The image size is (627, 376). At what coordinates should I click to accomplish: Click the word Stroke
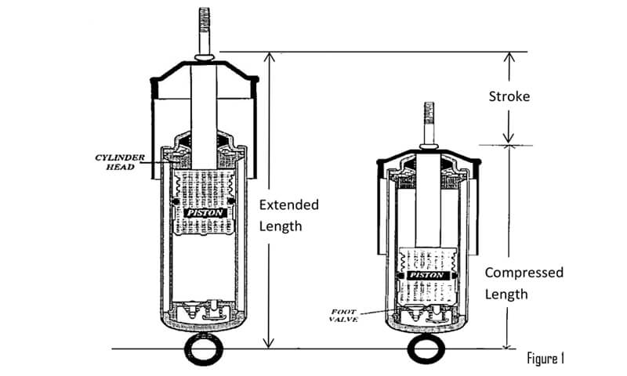(509, 96)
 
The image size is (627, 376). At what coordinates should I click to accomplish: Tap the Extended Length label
(288, 215)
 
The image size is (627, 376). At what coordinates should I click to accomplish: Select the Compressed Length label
(524, 284)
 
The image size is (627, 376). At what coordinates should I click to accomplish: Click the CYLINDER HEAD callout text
(120, 162)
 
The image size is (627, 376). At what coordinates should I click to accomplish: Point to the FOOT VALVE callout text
(343, 315)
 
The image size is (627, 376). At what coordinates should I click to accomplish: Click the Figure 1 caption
(545, 359)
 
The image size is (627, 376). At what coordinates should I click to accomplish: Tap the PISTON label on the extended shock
(205, 213)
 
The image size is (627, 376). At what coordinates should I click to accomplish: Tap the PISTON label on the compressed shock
(427, 275)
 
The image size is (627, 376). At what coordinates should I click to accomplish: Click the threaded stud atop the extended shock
(205, 31)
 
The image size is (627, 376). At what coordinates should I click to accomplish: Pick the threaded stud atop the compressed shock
(429, 124)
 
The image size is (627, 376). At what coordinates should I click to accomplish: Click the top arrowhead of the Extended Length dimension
(270, 56)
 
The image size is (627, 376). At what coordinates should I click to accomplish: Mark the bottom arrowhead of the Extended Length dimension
(269, 344)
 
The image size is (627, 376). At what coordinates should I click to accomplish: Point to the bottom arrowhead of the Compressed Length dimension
(507, 345)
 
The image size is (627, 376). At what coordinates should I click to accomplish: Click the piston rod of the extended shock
(204, 116)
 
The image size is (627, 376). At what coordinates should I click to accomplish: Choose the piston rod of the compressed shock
(428, 200)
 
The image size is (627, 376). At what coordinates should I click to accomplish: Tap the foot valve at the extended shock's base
(204, 309)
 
